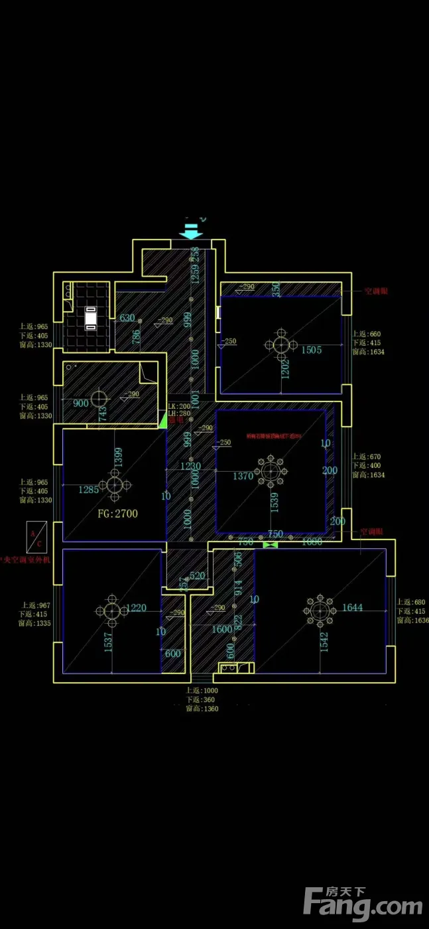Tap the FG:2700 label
(118, 513)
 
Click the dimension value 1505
(312, 350)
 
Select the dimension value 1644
(352, 607)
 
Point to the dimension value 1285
(89, 490)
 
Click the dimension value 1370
(243, 476)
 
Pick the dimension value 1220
(136, 607)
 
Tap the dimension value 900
(81, 403)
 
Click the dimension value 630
(127, 318)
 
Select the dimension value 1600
(222, 629)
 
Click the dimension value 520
(198, 576)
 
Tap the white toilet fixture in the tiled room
(91, 317)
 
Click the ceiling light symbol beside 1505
(281, 344)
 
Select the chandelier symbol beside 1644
(320, 608)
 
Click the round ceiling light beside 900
(99, 399)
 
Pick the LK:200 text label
(179, 406)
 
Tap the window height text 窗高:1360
(202, 709)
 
